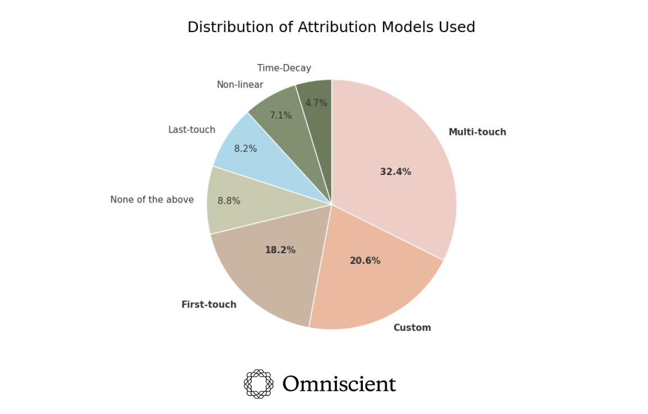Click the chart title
click(x=331, y=28)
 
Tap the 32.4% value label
click(x=395, y=172)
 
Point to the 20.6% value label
click(x=364, y=261)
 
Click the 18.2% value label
click(x=280, y=250)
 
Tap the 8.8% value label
click(x=229, y=201)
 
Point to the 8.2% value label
click(x=245, y=149)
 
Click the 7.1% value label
click(x=281, y=116)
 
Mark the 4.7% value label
click(x=316, y=103)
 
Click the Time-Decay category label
click(x=284, y=68)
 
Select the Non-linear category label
click(x=240, y=85)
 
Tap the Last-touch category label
click(x=191, y=130)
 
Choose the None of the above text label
click(x=152, y=200)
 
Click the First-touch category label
click(x=209, y=305)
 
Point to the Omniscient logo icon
click(x=258, y=384)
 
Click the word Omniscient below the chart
click(x=339, y=384)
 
